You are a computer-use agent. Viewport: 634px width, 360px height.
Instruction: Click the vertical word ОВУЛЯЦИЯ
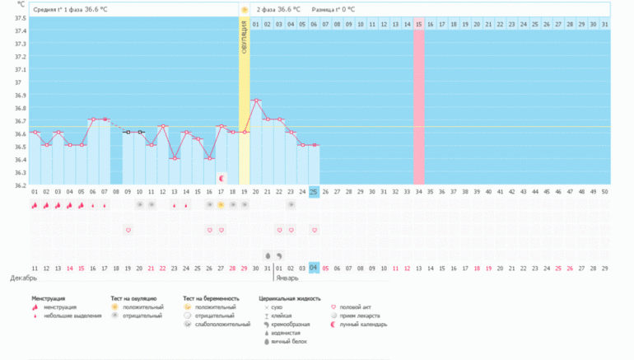pyautogui.click(x=245, y=40)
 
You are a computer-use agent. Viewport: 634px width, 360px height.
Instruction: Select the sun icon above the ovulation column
pyautogui.click(x=245, y=9)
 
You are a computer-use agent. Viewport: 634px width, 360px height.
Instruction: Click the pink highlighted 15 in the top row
pyautogui.click(x=419, y=25)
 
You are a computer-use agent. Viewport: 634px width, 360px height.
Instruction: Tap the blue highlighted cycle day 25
pyautogui.click(x=315, y=192)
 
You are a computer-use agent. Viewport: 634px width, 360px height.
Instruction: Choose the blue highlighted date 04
pyautogui.click(x=315, y=267)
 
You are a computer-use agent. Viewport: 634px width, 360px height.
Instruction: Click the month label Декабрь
pyautogui.click(x=22, y=278)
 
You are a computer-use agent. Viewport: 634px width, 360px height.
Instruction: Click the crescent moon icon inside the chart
pyautogui.click(x=221, y=177)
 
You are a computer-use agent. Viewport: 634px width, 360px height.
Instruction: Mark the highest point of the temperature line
pyautogui.click(x=256, y=101)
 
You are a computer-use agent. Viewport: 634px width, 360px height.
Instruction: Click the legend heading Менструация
pyautogui.click(x=49, y=298)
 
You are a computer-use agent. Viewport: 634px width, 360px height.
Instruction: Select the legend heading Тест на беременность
pyautogui.click(x=211, y=298)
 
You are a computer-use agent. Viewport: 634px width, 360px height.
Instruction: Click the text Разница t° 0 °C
pyautogui.click(x=333, y=9)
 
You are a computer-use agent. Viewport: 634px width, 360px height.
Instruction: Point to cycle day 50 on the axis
pyautogui.click(x=605, y=192)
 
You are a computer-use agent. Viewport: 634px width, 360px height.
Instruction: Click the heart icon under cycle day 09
pyautogui.click(x=128, y=230)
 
